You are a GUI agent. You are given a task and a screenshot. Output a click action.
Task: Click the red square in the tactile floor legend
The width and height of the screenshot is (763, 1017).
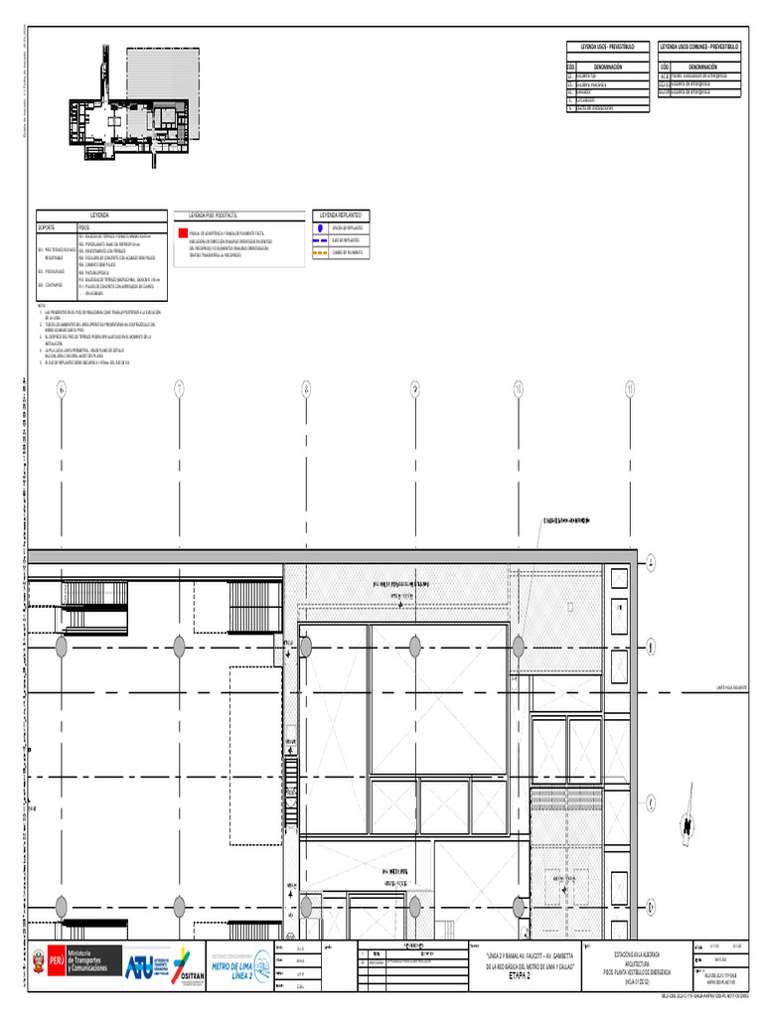(x=182, y=232)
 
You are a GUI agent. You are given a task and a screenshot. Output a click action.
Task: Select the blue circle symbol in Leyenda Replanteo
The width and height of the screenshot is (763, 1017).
(x=321, y=227)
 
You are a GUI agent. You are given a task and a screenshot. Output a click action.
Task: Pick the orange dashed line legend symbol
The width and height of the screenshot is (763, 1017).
(x=321, y=252)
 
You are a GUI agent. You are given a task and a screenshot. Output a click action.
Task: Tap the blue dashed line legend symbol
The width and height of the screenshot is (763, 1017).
(x=321, y=240)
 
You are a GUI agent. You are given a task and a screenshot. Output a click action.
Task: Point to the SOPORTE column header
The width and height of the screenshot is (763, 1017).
(x=48, y=227)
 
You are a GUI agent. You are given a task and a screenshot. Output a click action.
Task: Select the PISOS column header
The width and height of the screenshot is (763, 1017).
(x=83, y=227)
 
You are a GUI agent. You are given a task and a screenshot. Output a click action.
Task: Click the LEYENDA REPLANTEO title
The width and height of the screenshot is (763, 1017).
(x=340, y=215)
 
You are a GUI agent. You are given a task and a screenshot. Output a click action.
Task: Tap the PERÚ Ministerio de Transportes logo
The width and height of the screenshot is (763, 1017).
(x=75, y=960)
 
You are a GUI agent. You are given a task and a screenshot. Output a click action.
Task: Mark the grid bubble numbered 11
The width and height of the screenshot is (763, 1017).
(x=630, y=389)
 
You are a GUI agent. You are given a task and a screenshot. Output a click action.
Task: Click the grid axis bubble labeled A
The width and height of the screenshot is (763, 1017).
(x=652, y=563)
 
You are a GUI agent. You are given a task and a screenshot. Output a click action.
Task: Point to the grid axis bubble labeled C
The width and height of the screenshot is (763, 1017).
(x=652, y=803)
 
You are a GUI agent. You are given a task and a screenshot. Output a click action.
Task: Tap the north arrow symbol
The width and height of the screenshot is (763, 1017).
(x=686, y=823)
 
